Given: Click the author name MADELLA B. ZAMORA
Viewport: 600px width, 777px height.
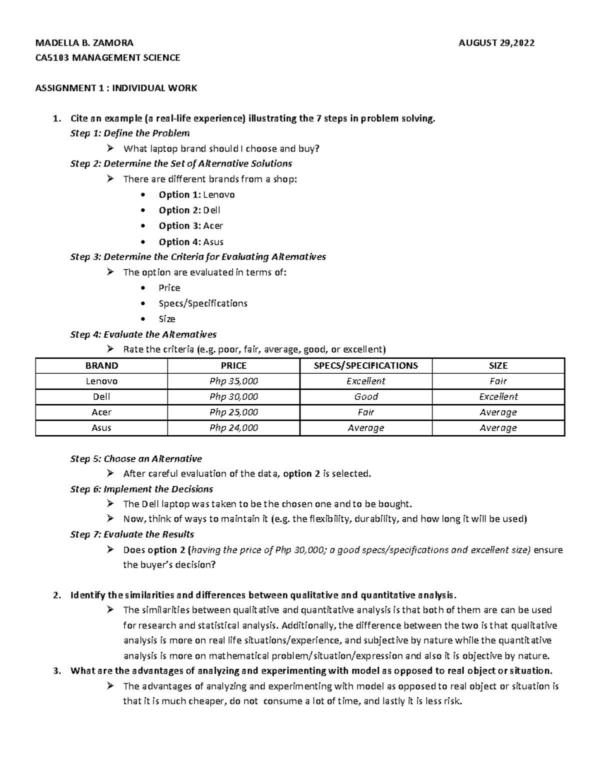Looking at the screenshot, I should (84, 43).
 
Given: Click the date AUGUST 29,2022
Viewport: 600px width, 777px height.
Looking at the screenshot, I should (496, 43).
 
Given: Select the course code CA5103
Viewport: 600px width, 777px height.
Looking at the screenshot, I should (52, 58).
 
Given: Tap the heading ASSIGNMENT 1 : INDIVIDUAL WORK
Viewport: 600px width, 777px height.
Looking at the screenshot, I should (116, 88).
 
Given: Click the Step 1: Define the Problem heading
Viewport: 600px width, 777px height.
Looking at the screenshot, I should (130, 133).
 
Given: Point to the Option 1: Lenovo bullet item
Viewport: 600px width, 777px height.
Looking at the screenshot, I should (196, 195).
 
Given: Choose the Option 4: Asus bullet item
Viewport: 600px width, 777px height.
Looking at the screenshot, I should (191, 242).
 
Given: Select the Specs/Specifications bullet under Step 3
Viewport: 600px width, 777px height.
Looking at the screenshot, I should (202, 303).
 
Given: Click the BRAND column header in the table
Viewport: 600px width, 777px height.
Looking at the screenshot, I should (101, 366).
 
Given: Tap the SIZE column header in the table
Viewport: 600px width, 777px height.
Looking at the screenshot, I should (498, 366).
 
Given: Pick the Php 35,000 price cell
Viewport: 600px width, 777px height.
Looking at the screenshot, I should (233, 381).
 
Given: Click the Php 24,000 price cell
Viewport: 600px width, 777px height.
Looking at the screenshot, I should (233, 428).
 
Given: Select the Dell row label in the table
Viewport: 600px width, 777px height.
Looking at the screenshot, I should (101, 397).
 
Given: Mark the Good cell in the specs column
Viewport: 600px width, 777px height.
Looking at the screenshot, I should (366, 397).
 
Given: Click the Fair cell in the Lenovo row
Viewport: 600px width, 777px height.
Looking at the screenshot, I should (498, 381).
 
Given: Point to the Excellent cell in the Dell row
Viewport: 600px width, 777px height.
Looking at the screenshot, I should (498, 397).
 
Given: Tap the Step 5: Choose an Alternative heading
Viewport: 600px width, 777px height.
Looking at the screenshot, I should (136, 459).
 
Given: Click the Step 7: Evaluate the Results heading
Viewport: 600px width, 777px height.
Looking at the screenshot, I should (132, 534).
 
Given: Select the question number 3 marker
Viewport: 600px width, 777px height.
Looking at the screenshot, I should (56, 671).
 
